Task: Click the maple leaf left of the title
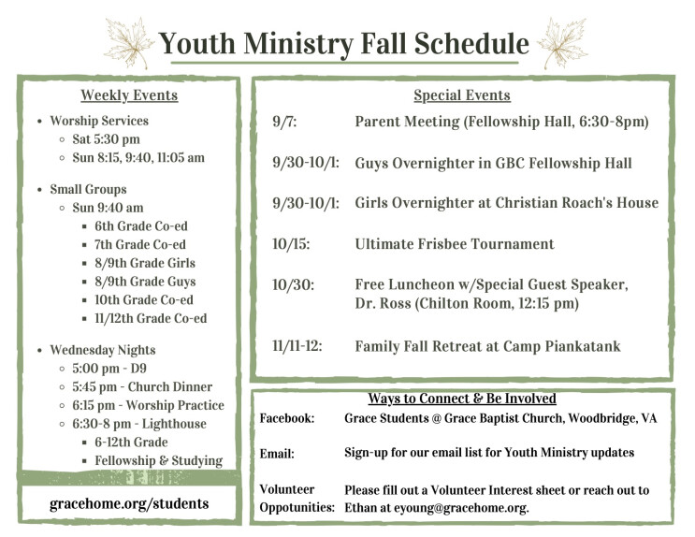(x=128, y=43)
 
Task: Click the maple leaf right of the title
(x=563, y=43)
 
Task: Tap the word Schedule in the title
(x=471, y=43)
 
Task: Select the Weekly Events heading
(x=129, y=95)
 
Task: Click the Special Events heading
(x=462, y=95)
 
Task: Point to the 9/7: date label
(x=284, y=121)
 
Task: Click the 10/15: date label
(x=291, y=244)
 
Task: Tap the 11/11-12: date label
(x=297, y=346)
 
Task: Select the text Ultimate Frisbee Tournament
(x=455, y=244)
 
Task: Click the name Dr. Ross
(x=383, y=303)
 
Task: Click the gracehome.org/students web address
(x=129, y=503)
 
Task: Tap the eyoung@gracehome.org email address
(x=461, y=507)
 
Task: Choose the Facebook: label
(x=287, y=418)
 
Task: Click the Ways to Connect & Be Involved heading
(x=462, y=399)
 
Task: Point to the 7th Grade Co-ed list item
(x=140, y=244)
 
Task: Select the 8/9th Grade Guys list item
(x=145, y=282)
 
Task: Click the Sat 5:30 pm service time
(x=106, y=139)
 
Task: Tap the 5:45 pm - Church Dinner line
(x=142, y=386)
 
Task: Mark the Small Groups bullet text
(x=88, y=189)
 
